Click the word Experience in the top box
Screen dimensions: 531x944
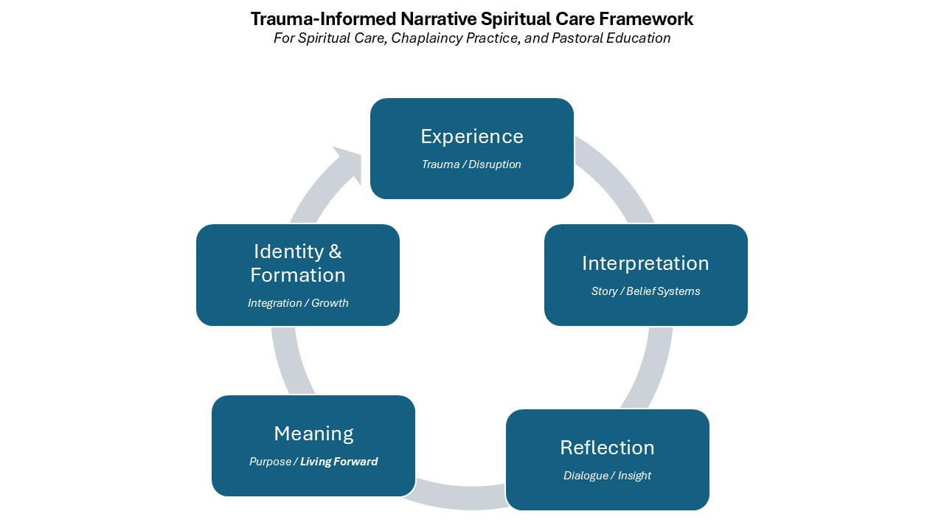(472, 136)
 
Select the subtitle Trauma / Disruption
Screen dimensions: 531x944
(471, 164)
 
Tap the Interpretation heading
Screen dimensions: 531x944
(645, 263)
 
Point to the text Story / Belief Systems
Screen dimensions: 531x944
(645, 291)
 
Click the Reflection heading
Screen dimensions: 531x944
(607, 448)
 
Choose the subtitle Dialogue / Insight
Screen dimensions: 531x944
(607, 476)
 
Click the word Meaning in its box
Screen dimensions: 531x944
(313, 434)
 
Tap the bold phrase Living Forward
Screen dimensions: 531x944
(339, 462)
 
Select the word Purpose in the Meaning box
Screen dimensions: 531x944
(271, 462)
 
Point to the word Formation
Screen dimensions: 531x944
(298, 275)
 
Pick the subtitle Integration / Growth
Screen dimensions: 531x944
(298, 303)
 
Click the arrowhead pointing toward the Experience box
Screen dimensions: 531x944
(347, 161)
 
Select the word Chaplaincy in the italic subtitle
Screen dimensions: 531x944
(428, 38)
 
